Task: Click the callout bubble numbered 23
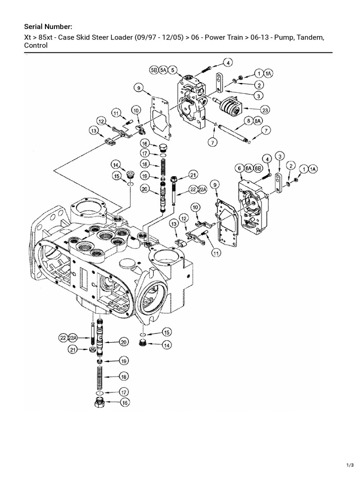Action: click(265, 110)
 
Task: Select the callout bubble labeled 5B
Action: click(154, 70)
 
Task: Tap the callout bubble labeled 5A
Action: click(164, 70)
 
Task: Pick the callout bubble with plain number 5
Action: click(173, 70)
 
